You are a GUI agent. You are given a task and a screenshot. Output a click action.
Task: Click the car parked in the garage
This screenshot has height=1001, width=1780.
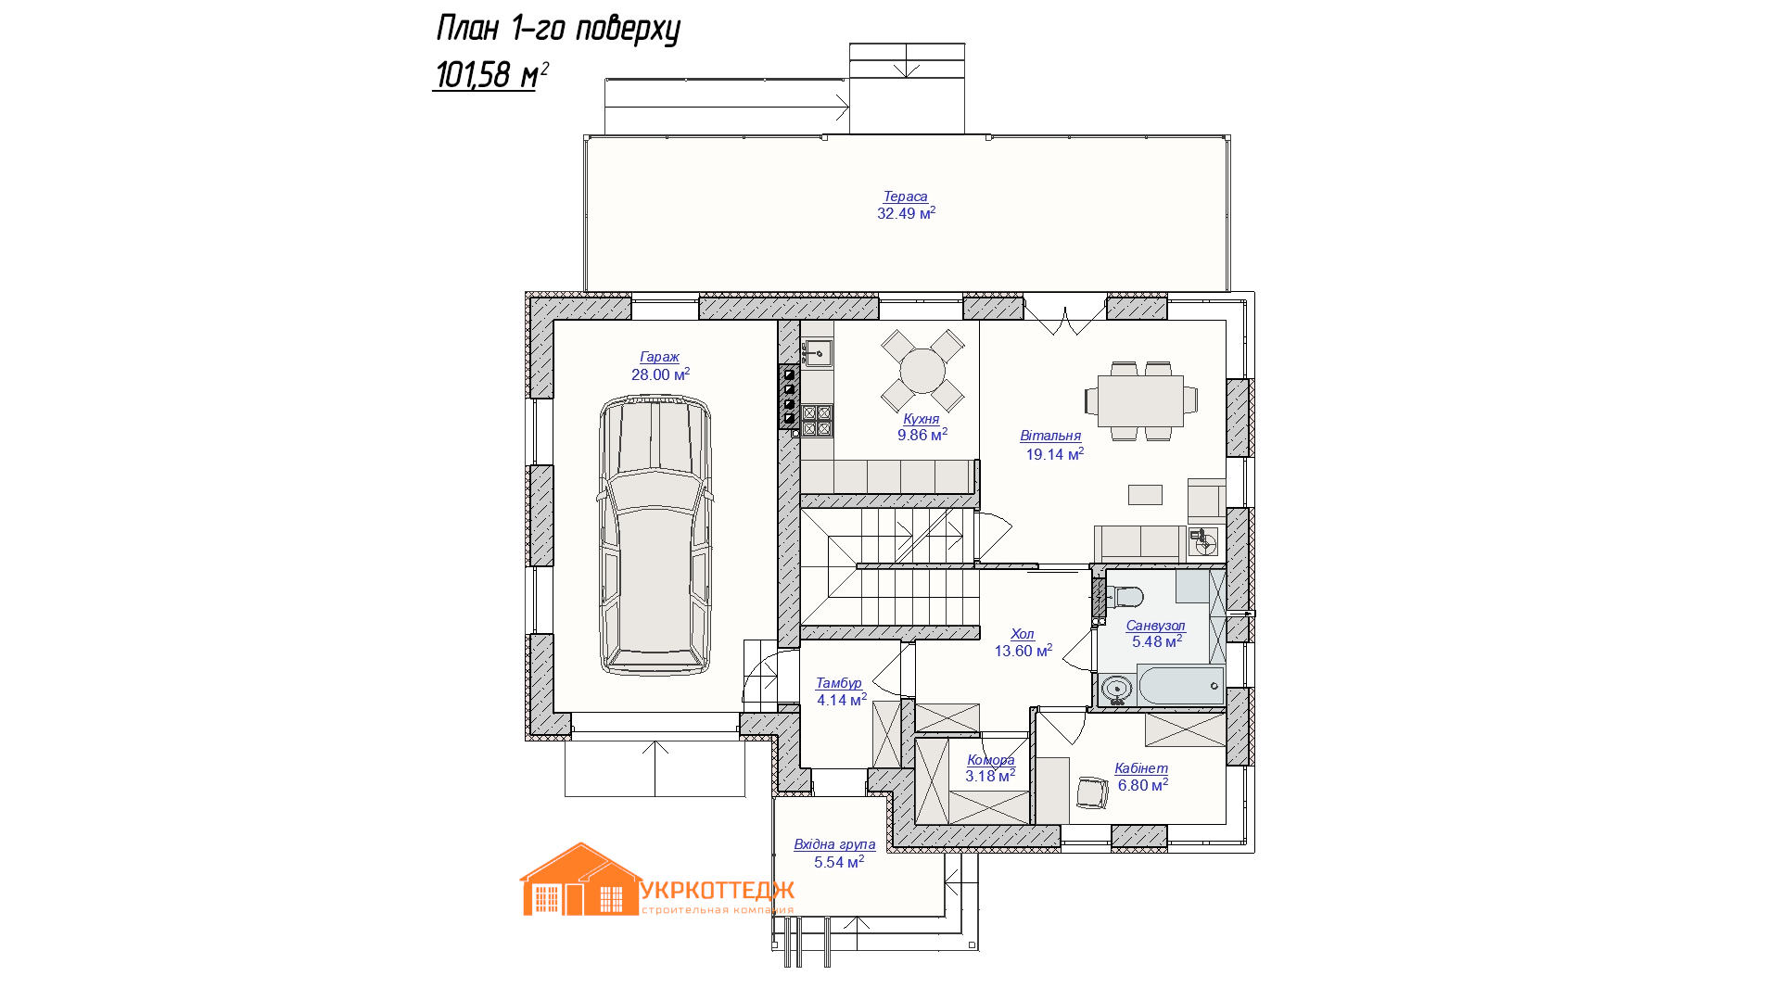click(x=655, y=535)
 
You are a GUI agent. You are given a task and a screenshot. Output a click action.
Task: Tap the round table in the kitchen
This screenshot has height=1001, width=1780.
click(x=922, y=371)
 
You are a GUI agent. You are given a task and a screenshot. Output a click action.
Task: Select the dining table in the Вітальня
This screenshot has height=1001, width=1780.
click(x=1140, y=400)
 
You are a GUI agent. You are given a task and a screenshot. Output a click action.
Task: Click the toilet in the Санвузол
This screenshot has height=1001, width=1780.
click(x=1125, y=596)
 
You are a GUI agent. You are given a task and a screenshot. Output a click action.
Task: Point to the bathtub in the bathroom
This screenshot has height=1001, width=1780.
click(x=1181, y=686)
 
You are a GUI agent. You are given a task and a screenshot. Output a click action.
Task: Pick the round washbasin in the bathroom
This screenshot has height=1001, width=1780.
click(x=1116, y=689)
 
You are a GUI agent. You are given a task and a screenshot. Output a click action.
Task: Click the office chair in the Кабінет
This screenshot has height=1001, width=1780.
click(x=1092, y=792)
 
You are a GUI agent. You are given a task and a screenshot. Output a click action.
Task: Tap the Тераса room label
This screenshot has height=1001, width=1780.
click(x=906, y=196)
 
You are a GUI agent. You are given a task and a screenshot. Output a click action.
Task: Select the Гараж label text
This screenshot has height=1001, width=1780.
click(x=659, y=357)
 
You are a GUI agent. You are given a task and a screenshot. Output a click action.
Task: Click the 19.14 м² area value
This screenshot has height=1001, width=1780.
click(x=1055, y=454)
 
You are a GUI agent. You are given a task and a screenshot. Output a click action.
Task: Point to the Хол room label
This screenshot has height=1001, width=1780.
click(x=1023, y=634)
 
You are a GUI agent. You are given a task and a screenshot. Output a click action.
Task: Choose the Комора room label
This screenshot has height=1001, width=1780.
click(x=991, y=760)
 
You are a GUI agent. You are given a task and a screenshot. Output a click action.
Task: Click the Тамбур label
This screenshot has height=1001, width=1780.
click(x=839, y=683)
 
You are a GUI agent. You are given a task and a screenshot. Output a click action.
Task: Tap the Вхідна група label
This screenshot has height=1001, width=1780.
click(x=834, y=844)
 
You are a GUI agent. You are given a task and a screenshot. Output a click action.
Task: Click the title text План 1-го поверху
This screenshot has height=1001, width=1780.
click(x=558, y=29)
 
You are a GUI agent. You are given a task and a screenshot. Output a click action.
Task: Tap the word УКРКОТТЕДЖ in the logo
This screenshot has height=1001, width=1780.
click(x=718, y=891)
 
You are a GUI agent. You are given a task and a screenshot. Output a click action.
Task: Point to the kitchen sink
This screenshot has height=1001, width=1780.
click(x=817, y=353)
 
